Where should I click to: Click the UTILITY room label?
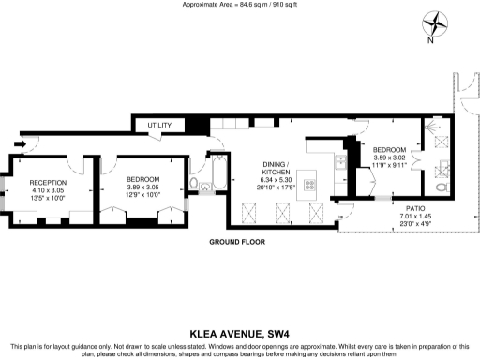(x=159, y=125)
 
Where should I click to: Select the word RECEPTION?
(x=47, y=182)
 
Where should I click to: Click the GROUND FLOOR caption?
(x=236, y=242)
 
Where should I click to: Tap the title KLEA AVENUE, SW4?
(x=239, y=331)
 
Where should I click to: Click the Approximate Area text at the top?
(x=239, y=5)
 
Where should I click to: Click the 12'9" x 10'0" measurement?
(x=143, y=198)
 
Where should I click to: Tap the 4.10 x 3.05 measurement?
(x=47, y=190)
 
